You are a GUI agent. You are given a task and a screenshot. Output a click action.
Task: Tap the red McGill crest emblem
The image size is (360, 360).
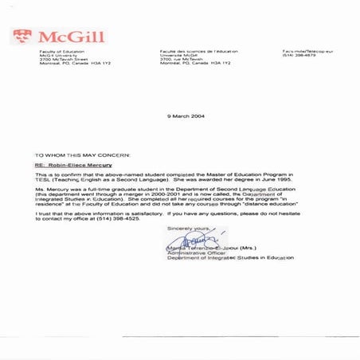(x=23, y=36)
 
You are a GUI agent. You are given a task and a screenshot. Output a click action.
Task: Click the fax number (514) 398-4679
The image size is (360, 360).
(x=298, y=56)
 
